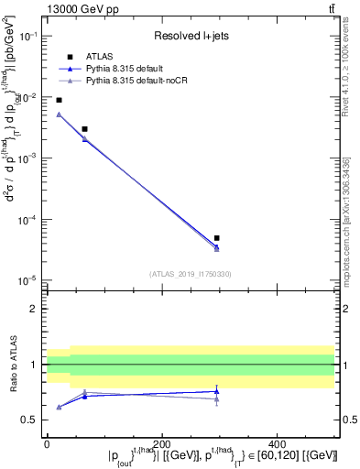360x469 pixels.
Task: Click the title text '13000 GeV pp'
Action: click(x=80, y=8)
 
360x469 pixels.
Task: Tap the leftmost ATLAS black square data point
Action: click(x=59, y=100)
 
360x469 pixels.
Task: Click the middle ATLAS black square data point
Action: click(x=84, y=129)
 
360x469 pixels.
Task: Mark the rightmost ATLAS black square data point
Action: click(x=216, y=238)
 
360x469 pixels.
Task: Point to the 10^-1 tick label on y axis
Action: click(x=27, y=36)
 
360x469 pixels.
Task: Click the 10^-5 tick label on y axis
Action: click(x=27, y=280)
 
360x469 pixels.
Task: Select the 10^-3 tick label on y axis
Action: click(x=27, y=158)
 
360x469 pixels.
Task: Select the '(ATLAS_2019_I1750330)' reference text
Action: click(x=191, y=273)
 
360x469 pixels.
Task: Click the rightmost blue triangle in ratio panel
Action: click(x=216, y=391)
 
